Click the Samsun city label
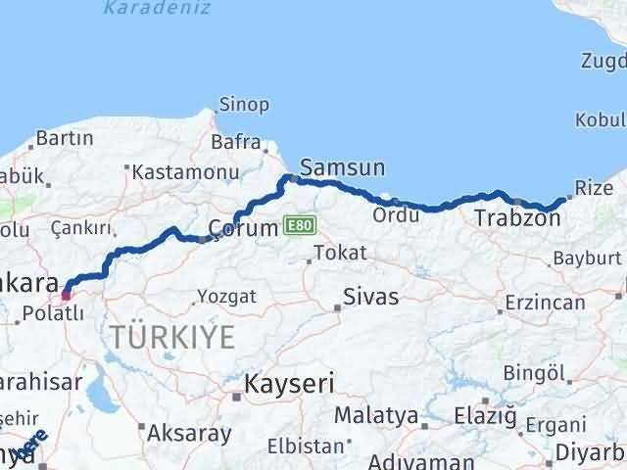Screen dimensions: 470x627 click(342, 167)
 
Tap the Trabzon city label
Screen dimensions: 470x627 click(517, 218)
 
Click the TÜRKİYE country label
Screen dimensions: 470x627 click(172, 338)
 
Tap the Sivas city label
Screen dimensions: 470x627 click(371, 297)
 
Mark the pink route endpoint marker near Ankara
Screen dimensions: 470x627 click(67, 292)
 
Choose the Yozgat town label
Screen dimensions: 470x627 click(226, 295)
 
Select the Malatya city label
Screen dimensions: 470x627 click(376, 416)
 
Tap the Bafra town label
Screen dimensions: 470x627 click(235, 142)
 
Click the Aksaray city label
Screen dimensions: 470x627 click(190, 432)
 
